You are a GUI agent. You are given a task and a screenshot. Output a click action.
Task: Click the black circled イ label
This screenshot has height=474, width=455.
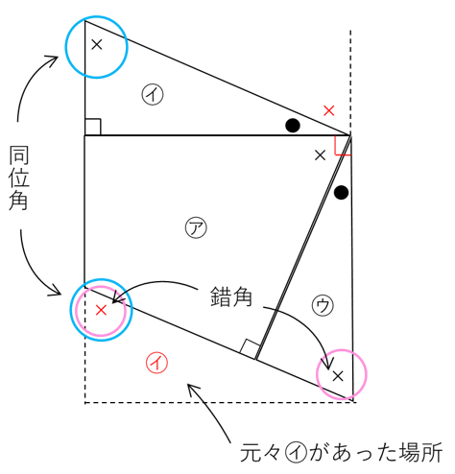click(x=153, y=94)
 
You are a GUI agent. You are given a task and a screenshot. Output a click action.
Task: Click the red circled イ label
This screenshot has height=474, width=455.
click(x=156, y=363)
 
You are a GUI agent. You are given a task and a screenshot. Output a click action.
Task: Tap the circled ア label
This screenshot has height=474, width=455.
click(x=196, y=227)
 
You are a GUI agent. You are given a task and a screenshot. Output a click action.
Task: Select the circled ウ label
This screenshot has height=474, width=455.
click(x=323, y=305)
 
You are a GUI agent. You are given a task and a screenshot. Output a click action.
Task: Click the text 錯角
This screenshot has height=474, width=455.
click(x=231, y=296)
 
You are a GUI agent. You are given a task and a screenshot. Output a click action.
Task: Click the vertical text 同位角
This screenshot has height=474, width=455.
click(x=19, y=178)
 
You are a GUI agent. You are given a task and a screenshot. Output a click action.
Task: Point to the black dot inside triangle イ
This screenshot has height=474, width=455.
click(x=293, y=126)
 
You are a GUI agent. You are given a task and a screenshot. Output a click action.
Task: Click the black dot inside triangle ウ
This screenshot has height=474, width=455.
click(x=341, y=193)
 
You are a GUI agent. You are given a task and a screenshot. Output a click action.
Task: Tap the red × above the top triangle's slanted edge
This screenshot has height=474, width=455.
click(x=329, y=110)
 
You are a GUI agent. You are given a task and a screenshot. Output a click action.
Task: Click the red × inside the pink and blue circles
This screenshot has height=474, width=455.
click(x=101, y=310)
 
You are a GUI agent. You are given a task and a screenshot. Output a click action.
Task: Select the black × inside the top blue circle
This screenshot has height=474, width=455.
click(x=97, y=44)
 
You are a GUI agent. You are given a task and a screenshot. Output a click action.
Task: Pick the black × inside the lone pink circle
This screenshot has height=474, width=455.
click(x=338, y=376)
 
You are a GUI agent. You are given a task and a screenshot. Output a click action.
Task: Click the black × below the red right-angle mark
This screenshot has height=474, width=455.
click(x=320, y=155)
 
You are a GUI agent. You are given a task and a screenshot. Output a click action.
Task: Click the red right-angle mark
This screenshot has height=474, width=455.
click(x=342, y=146)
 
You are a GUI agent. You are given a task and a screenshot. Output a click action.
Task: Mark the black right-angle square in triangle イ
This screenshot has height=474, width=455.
click(x=93, y=127)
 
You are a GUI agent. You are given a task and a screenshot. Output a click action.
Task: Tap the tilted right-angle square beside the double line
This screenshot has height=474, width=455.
click(x=250, y=349)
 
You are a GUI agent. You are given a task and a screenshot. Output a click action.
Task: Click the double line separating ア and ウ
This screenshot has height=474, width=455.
click(x=303, y=248)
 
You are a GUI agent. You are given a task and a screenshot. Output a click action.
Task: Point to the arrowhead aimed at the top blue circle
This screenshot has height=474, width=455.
click(x=53, y=59)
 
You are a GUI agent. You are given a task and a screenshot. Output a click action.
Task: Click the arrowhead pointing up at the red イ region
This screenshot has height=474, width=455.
click(x=193, y=390)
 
